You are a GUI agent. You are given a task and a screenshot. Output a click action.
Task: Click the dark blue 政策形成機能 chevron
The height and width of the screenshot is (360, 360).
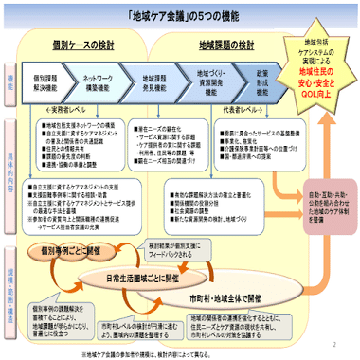pos(262,81)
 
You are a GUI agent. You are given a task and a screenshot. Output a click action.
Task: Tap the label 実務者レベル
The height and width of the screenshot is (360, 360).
pos(91,111)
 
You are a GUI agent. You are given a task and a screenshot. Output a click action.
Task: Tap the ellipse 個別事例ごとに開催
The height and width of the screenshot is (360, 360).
pos(66,251)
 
